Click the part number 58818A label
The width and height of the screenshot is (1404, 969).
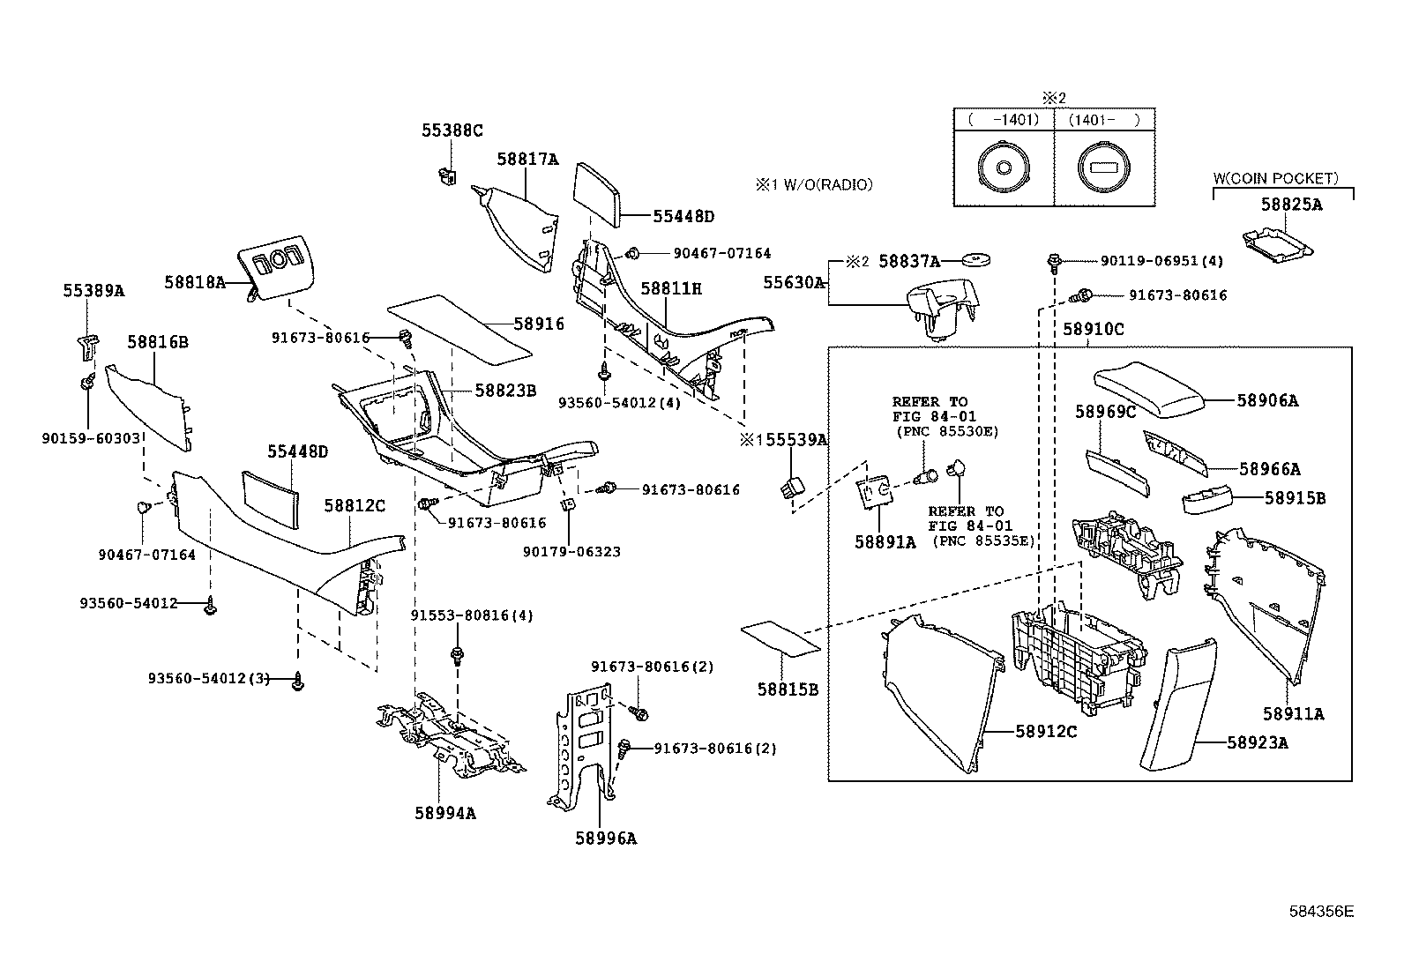[x=194, y=282]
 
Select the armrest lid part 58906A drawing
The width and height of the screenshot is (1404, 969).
[x=1147, y=390]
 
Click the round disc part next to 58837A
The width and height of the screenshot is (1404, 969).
[x=976, y=259]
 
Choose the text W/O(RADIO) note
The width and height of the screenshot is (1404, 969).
[x=824, y=184]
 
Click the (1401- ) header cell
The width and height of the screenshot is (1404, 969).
[x=1104, y=119]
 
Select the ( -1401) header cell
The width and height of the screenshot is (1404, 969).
[x=1004, y=119]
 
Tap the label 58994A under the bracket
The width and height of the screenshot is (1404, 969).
[x=445, y=813]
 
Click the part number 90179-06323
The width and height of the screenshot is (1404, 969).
[x=571, y=552]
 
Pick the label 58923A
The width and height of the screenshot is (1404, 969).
[x=1257, y=742]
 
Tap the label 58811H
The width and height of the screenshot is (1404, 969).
[x=670, y=288]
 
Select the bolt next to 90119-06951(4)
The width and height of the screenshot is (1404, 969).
[x=1054, y=262]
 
